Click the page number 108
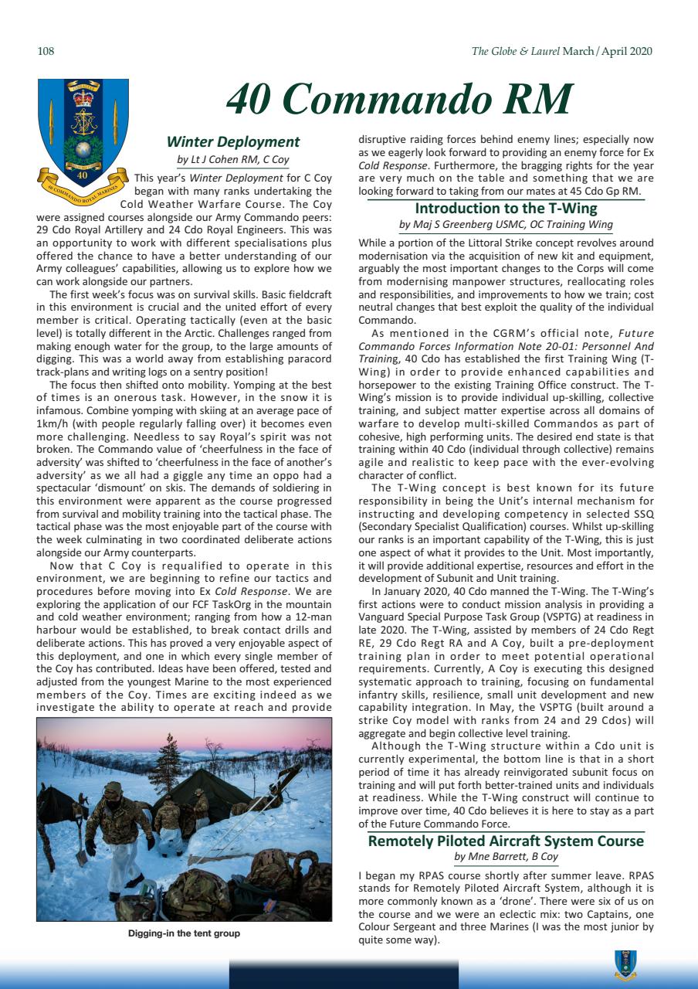(46, 52)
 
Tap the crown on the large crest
(83, 98)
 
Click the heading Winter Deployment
(233, 141)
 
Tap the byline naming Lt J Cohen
(233, 160)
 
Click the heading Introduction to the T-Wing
(506, 208)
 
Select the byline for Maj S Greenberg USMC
(506, 225)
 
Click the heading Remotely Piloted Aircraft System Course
(506, 841)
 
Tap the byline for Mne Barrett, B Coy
(506, 857)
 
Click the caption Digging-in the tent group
(184, 933)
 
